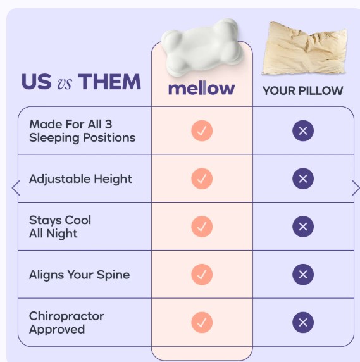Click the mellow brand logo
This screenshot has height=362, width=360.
pyautogui.click(x=201, y=89)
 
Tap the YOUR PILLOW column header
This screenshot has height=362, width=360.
pyautogui.click(x=302, y=91)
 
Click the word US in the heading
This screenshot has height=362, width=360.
pyautogui.click(x=36, y=82)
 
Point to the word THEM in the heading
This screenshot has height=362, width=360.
pyautogui.click(x=109, y=82)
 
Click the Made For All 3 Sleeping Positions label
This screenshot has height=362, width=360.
pyautogui.click(x=82, y=130)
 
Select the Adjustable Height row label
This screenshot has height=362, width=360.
pyautogui.click(x=80, y=179)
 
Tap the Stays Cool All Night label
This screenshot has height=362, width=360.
pyautogui.click(x=60, y=227)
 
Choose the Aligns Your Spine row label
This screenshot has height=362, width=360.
pyautogui.click(x=79, y=275)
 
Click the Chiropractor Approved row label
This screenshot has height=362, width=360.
pyautogui.click(x=66, y=322)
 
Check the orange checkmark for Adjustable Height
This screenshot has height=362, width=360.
pyautogui.click(x=202, y=179)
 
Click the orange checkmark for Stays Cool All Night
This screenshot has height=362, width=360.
pyautogui.click(x=202, y=227)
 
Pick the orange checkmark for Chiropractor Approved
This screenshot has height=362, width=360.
pyautogui.click(x=202, y=323)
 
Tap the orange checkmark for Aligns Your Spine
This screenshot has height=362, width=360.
pyautogui.click(x=202, y=275)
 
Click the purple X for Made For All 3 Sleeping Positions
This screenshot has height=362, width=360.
pyautogui.click(x=303, y=131)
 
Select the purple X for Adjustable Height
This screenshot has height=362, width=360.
pyautogui.click(x=303, y=179)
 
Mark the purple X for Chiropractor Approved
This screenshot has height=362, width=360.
pyautogui.click(x=303, y=323)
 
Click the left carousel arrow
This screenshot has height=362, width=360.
pyautogui.click(x=16, y=188)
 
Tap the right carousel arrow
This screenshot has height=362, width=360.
pyautogui.click(x=355, y=188)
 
